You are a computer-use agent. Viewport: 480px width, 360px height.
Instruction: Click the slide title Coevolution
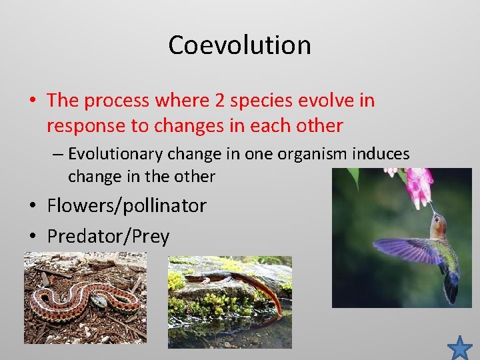point(239,45)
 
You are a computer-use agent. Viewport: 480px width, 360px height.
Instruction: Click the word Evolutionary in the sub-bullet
point(116,154)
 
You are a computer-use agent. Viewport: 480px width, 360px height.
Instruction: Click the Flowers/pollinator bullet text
point(127,205)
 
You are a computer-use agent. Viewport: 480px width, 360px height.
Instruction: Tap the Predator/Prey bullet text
point(108,236)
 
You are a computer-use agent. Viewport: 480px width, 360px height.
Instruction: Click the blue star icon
point(459,347)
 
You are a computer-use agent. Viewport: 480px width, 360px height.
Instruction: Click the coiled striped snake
point(83,300)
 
